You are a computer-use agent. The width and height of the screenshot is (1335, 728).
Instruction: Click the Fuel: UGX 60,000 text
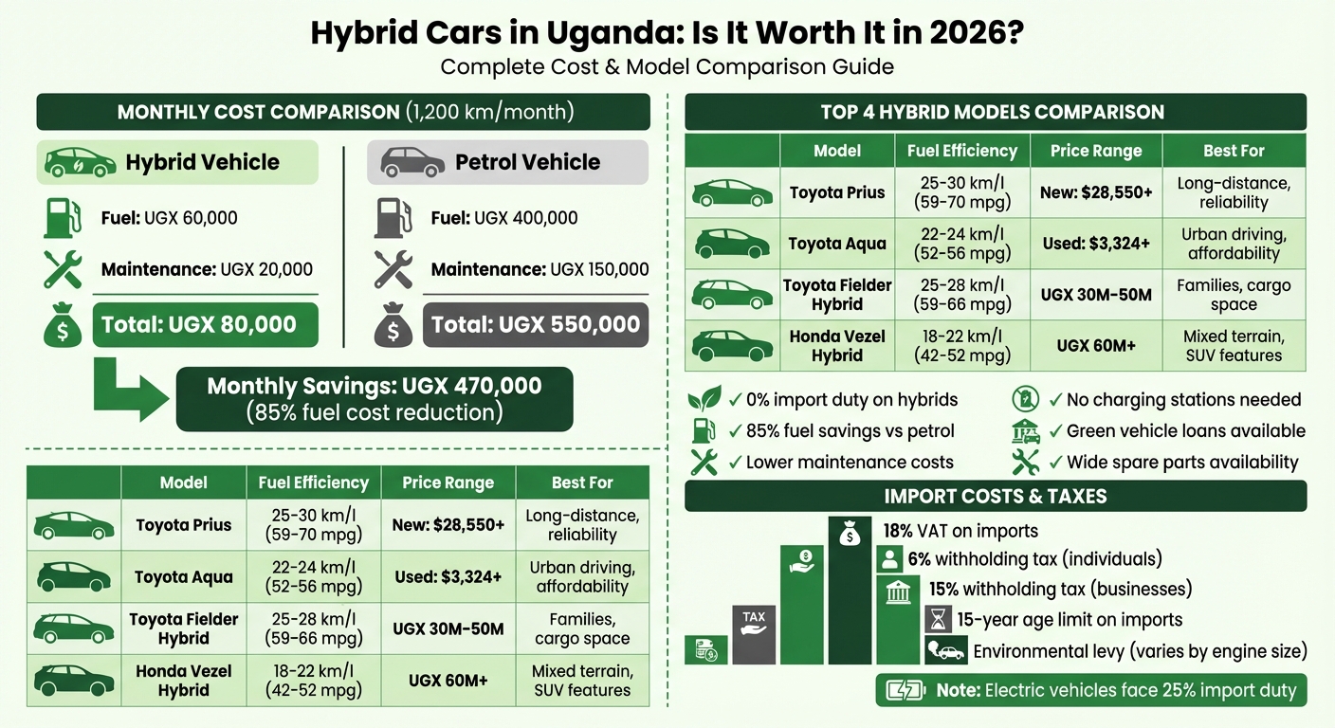pos(169,218)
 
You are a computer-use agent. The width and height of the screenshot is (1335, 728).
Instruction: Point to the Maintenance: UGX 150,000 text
pos(539,270)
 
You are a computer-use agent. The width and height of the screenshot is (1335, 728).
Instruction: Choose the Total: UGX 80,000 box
pos(205,325)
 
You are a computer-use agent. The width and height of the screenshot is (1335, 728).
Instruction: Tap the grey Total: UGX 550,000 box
pos(536,325)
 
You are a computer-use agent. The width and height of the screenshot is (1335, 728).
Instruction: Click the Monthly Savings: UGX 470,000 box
pos(375,399)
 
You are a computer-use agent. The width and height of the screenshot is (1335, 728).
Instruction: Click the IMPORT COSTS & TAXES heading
pos(995,496)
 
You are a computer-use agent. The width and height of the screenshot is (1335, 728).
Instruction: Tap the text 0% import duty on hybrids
pos(851,400)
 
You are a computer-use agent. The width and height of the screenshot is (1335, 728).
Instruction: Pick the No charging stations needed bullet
pos(1183,400)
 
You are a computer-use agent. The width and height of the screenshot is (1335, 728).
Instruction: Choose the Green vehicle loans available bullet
pos(1185,431)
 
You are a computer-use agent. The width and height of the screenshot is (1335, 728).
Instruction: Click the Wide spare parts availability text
pos(1181,463)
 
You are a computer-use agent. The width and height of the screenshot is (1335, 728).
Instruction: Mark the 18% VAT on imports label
pos(960,531)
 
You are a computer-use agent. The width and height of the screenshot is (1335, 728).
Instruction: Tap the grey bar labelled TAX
pos(754,634)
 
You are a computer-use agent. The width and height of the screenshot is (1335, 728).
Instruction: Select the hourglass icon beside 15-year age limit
pos(937,620)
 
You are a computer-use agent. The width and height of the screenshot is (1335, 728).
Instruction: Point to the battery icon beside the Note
pos(905,690)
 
